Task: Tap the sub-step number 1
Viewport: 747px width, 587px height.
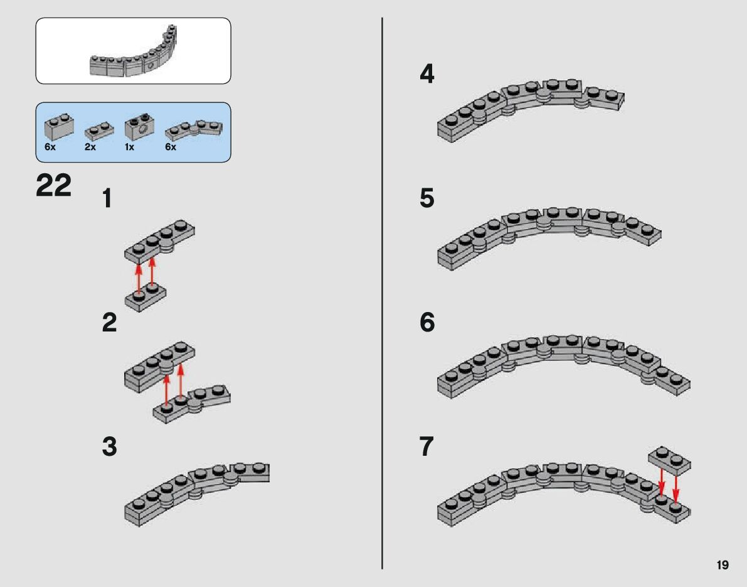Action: click(x=107, y=200)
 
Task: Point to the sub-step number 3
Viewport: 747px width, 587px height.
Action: click(x=109, y=447)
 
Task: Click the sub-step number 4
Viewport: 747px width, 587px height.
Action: click(x=426, y=75)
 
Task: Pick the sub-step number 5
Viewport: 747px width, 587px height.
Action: click(x=426, y=199)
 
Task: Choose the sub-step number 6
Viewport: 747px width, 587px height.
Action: click(x=426, y=323)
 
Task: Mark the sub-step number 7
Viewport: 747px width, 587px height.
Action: click(x=426, y=447)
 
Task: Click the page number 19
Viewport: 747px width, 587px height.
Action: click(x=722, y=565)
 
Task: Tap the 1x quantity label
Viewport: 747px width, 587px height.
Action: click(x=130, y=147)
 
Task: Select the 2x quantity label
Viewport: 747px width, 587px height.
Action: click(x=90, y=147)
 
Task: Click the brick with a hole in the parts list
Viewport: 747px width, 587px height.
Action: click(x=139, y=127)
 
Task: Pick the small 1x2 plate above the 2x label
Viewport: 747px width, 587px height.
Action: click(x=99, y=131)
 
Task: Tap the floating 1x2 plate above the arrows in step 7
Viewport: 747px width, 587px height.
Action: click(x=669, y=461)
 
